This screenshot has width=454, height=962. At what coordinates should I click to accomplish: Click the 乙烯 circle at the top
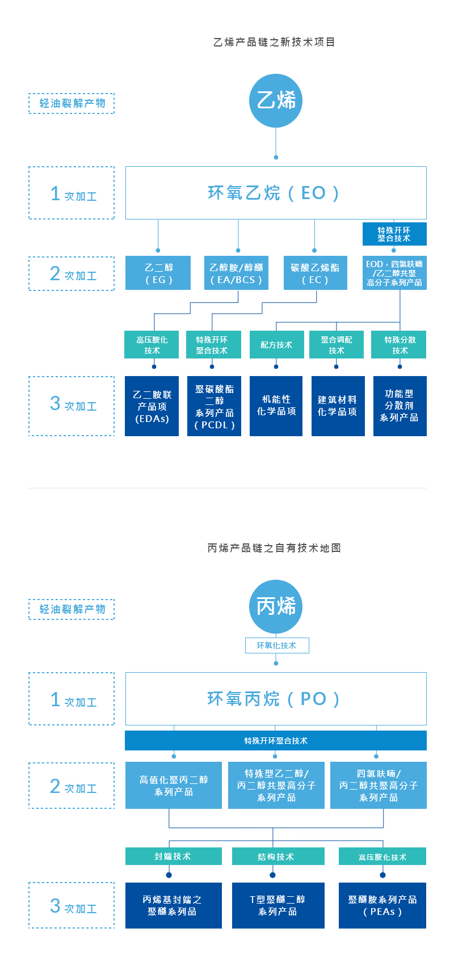point(276,100)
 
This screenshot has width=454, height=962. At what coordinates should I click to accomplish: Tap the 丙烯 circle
point(276,606)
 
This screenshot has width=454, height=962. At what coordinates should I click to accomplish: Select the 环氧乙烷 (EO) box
point(276,193)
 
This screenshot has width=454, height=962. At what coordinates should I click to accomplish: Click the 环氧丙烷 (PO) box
point(276,699)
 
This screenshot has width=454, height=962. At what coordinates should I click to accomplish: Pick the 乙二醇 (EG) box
point(158,273)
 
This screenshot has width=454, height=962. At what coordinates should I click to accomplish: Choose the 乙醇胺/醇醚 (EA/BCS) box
point(236,273)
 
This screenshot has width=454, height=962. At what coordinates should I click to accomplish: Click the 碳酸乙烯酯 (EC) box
point(316,273)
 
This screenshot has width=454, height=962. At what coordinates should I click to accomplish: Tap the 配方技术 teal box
point(276,344)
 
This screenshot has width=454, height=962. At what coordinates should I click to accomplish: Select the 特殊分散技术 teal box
point(399,344)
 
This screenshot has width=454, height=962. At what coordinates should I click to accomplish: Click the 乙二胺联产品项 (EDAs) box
point(152,406)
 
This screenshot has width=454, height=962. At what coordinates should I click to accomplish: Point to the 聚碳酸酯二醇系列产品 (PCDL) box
point(215,406)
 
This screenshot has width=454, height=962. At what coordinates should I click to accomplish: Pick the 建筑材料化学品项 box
point(338,406)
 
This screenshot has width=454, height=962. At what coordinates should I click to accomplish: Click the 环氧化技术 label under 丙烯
point(277,645)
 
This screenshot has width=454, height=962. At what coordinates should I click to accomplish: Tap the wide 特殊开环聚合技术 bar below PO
point(276,740)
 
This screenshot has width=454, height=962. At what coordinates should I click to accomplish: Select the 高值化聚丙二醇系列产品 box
point(174,785)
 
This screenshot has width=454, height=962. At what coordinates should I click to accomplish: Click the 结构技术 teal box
point(278,856)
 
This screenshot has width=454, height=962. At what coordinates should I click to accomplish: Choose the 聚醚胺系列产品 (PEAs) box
point(382,905)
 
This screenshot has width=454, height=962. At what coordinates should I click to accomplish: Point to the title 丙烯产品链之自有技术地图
point(274,548)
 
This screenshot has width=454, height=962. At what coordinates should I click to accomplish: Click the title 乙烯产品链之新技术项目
point(274,42)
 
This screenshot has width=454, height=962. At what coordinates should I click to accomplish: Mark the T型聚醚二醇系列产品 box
point(278,905)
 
